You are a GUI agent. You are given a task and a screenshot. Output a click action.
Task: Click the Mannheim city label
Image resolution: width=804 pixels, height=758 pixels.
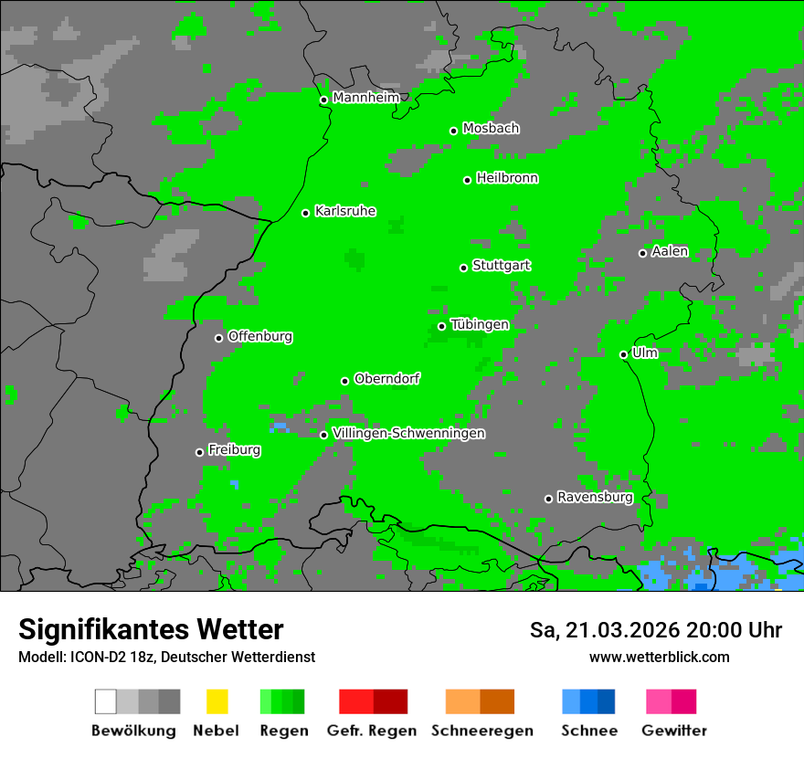click(365, 98)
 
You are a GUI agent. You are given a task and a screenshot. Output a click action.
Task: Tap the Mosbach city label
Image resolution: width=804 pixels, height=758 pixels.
click(491, 129)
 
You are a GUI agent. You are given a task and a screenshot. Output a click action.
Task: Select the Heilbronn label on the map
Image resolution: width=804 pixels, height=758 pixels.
click(507, 178)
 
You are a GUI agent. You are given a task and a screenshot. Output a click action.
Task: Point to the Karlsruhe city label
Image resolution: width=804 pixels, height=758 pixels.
click(345, 211)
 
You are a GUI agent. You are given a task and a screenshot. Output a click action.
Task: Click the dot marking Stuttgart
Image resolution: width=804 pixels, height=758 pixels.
click(464, 268)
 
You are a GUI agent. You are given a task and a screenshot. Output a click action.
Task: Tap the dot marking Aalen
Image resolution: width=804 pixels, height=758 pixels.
click(642, 253)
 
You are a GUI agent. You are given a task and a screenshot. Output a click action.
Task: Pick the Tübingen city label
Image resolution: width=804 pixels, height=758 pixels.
click(480, 325)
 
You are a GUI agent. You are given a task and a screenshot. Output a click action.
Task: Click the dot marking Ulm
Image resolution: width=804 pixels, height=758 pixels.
click(623, 354)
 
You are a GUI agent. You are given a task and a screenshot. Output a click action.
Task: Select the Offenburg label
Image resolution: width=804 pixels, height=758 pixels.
click(260, 336)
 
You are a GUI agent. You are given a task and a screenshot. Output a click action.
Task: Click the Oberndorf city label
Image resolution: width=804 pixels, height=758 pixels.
click(387, 379)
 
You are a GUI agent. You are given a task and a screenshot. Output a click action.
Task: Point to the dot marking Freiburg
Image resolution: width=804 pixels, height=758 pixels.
click(199, 452)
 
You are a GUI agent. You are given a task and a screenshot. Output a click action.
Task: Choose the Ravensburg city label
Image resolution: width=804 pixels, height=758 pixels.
click(595, 498)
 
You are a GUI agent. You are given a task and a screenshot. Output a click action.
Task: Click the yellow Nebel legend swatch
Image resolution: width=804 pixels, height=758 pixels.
click(217, 701)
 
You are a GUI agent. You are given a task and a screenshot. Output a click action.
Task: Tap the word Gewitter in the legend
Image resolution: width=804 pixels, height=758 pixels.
click(674, 731)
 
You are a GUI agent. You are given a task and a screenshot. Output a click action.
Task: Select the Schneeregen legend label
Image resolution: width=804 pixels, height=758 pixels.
click(482, 731)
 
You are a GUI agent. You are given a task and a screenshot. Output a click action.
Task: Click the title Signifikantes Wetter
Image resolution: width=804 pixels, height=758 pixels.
click(151, 629)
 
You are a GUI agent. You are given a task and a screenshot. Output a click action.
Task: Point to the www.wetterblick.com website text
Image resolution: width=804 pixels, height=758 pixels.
click(660, 657)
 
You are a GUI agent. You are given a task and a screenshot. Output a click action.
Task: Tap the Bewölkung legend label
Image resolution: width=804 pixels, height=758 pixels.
click(133, 731)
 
